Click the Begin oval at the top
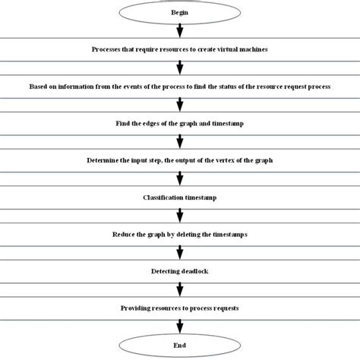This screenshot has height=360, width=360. (x=179, y=13)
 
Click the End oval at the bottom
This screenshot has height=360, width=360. (x=179, y=345)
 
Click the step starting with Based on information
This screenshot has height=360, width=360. (x=179, y=86)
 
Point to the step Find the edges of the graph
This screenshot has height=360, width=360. (x=179, y=123)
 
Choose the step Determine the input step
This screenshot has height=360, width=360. (x=179, y=160)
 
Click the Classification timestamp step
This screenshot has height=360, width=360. (x=179, y=197)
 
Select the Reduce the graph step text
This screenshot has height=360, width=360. (x=179, y=235)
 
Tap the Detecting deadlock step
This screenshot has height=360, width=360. (x=179, y=271)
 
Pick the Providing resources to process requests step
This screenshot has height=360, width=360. (x=179, y=308)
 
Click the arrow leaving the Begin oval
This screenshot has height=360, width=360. (x=179, y=31)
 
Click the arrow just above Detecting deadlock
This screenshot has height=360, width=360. (x=179, y=253)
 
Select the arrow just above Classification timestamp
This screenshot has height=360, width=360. (x=179, y=179)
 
